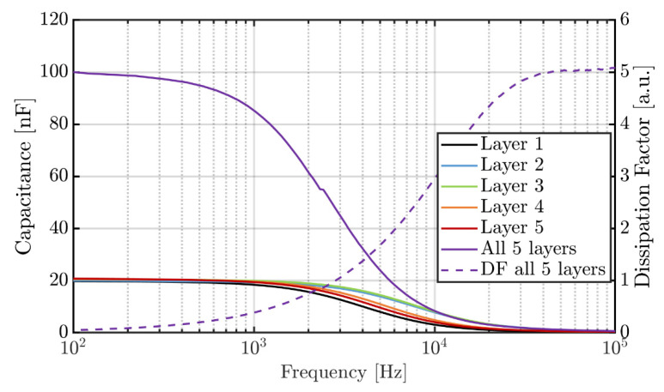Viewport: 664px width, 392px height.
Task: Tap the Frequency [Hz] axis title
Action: pos(344,374)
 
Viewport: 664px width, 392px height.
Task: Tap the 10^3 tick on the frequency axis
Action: pos(253,349)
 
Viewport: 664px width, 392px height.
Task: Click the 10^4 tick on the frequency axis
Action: pos(434,349)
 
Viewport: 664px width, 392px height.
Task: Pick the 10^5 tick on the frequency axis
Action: pos(613,349)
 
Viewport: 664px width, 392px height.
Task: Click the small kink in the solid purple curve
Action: pos(320,190)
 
